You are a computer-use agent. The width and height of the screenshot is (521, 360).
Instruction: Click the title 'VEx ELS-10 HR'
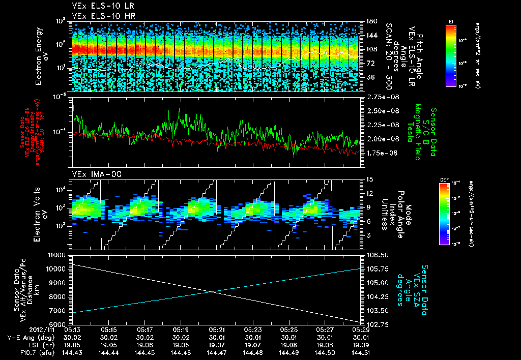(x=99, y=16)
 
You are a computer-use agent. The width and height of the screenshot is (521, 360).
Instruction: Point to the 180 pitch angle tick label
(x=370, y=21)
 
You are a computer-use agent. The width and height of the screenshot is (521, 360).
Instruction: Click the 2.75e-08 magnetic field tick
(x=381, y=97)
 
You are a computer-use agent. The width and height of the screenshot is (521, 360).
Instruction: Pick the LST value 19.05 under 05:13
(x=73, y=344)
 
